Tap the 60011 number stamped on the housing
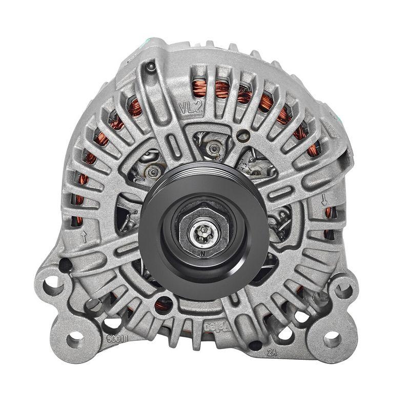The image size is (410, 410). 118,339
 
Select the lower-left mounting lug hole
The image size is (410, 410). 75,339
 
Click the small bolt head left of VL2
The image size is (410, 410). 150,66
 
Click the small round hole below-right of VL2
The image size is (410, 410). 245,136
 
